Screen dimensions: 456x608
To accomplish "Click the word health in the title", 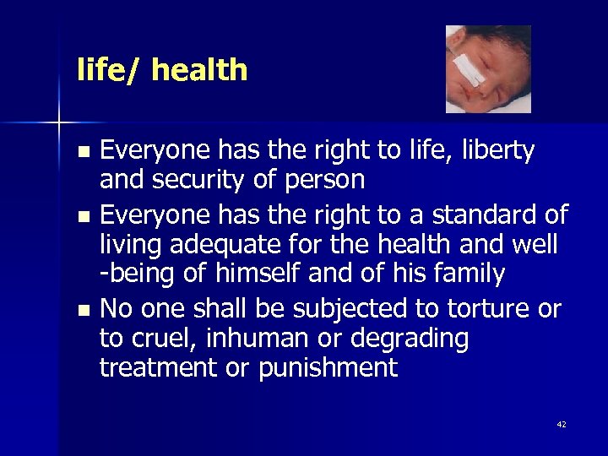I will tap(199, 70).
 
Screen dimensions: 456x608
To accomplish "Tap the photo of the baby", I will tap(488, 69).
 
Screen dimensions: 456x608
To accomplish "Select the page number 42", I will tap(562, 424).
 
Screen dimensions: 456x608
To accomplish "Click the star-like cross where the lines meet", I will tap(59, 123).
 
